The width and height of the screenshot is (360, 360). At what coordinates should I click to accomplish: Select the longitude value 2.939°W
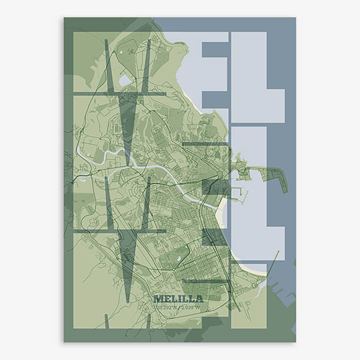[x=190, y=307]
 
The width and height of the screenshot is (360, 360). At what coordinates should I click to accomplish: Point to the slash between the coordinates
[x=178, y=307]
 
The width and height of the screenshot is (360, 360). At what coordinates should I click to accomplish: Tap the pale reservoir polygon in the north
[x=125, y=80]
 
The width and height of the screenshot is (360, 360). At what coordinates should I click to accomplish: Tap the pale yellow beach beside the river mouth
[x=223, y=210]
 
